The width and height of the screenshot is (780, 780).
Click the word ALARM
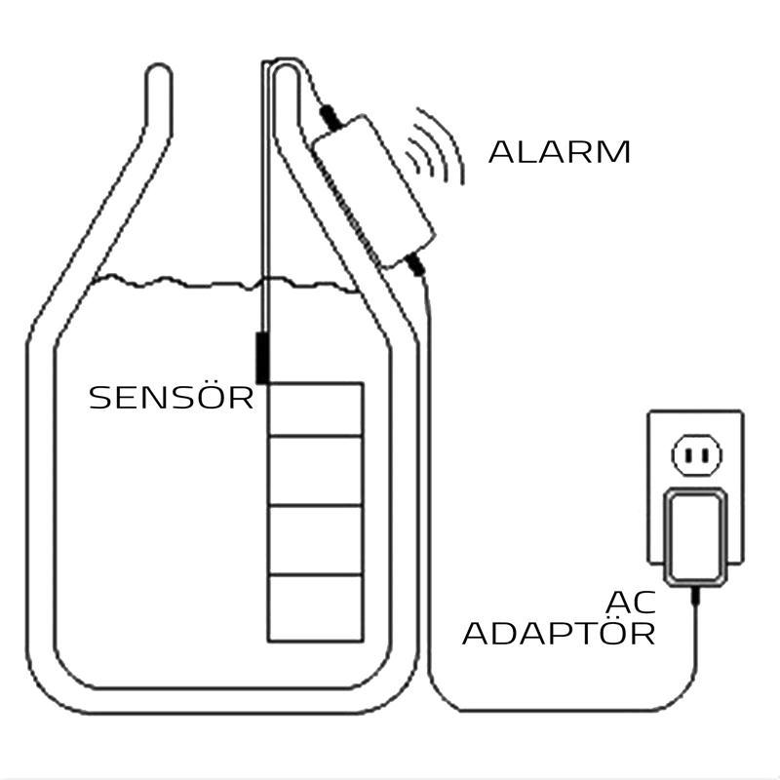click(x=559, y=152)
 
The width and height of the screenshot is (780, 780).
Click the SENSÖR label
click(x=171, y=398)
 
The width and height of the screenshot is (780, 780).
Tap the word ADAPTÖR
click(x=558, y=634)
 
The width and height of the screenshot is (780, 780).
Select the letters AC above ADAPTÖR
click(x=628, y=601)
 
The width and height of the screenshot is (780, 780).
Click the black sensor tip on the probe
click(x=261, y=357)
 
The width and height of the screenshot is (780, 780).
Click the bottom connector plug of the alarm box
click(x=413, y=262)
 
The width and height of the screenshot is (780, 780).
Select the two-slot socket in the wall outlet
click(x=695, y=454)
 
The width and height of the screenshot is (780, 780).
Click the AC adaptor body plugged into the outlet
click(x=694, y=536)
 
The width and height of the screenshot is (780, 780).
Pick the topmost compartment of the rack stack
click(x=315, y=409)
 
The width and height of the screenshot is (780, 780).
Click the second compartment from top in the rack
click(x=315, y=471)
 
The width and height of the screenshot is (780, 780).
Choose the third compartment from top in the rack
click(x=315, y=539)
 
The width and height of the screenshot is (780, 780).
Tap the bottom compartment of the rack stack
click(x=315, y=607)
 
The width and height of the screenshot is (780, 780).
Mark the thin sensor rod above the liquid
click(x=265, y=195)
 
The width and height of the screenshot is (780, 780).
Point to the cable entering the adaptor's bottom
click(x=694, y=595)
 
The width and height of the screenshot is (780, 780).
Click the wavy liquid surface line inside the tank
click(x=175, y=282)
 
